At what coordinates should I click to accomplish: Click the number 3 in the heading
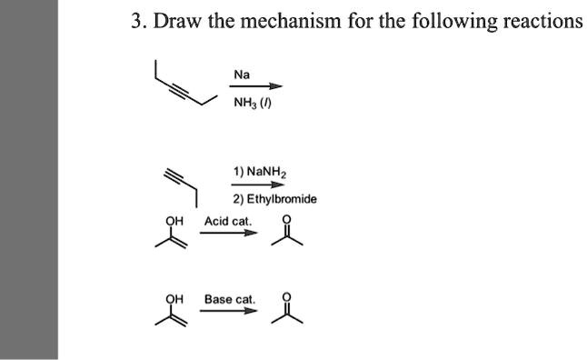pos(136,21)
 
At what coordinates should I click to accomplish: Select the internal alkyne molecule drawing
pos(184,83)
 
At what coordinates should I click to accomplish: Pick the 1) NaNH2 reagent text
pos(261,171)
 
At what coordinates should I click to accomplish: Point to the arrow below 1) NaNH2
pos(252,185)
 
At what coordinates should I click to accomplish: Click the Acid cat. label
pos(228,221)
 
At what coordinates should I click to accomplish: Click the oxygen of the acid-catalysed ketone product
pos(289,219)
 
